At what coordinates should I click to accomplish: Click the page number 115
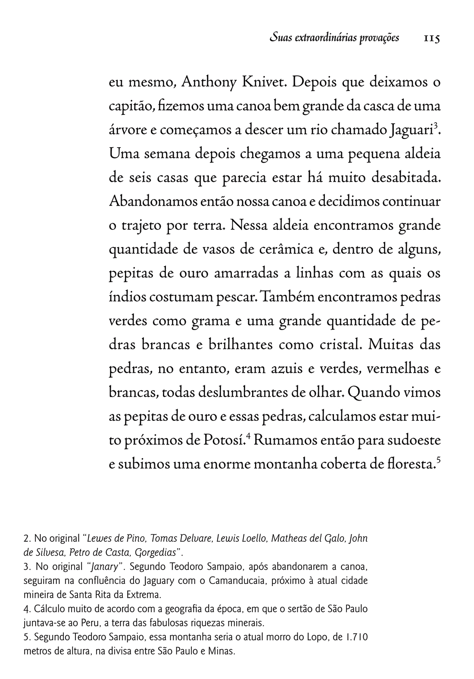pos(431,38)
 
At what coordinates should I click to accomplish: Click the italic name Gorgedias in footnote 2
pos(157,552)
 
